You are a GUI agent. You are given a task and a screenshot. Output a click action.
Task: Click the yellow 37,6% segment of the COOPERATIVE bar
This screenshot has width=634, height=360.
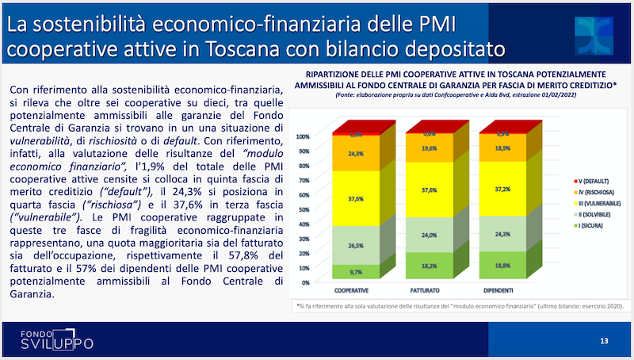point(356,200)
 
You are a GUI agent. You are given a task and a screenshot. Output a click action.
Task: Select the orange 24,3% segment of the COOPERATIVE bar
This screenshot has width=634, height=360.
point(356,154)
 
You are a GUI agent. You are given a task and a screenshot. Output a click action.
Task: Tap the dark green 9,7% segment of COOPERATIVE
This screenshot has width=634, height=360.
point(356,270)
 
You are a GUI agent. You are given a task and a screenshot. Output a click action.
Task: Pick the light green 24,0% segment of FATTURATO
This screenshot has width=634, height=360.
point(429,236)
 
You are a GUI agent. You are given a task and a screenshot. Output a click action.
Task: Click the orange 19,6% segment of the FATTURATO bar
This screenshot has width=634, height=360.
point(429,148)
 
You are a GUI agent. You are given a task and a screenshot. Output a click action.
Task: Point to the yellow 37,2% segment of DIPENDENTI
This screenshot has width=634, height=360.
point(502,191)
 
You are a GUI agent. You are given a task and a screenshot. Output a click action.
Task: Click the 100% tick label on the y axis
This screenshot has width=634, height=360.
point(302,136)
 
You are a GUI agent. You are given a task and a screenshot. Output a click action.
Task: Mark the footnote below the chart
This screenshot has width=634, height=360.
point(459,305)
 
